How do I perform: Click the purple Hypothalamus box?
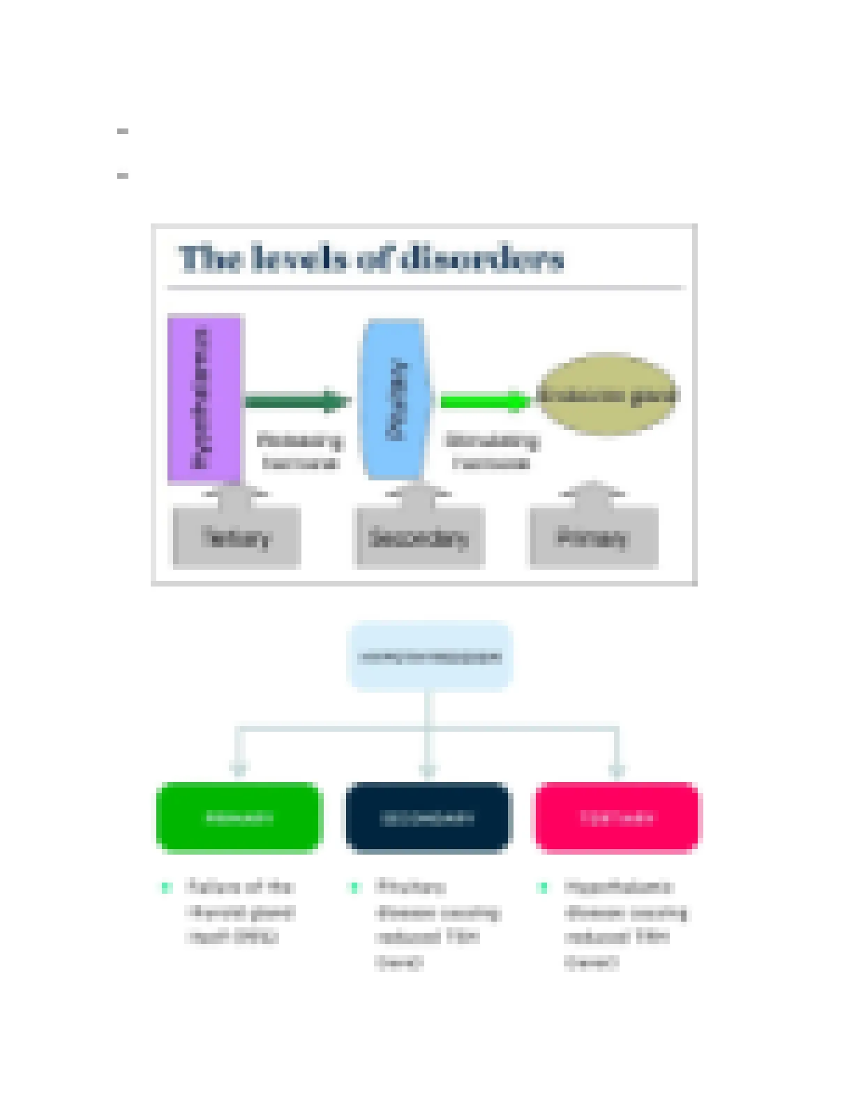coord(204,398)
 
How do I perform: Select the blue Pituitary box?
coord(395,399)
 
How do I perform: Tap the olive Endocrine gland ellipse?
coord(606,395)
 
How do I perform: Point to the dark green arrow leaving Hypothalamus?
coord(297,401)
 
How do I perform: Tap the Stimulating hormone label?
coord(492,451)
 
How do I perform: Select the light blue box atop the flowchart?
coord(430,656)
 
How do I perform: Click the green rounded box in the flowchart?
coord(239,817)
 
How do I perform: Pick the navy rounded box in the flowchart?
coord(428,817)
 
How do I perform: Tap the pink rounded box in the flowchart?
coord(617,817)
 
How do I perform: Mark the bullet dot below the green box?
coord(166,887)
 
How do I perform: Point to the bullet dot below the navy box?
coord(354,887)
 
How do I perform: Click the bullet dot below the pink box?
coord(544,887)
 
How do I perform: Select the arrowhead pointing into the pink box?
coord(617,771)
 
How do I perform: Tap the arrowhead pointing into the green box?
coord(239,771)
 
